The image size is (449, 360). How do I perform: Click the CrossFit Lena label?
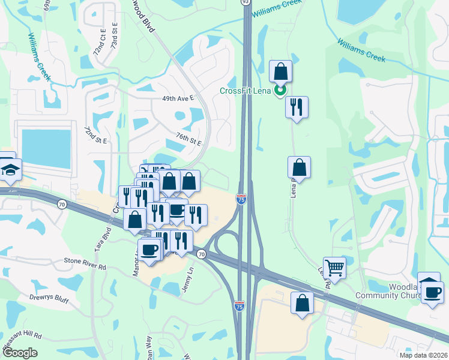click(x=245, y=91)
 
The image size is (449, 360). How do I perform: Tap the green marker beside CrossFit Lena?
click(x=279, y=91)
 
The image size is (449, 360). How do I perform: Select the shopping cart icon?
click(x=334, y=267)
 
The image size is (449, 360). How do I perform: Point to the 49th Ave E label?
click(x=178, y=98)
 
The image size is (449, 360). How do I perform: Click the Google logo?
click(x=19, y=353)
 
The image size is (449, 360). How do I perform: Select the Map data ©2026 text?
click(x=424, y=355)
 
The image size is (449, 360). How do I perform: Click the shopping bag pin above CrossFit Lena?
click(x=280, y=71)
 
